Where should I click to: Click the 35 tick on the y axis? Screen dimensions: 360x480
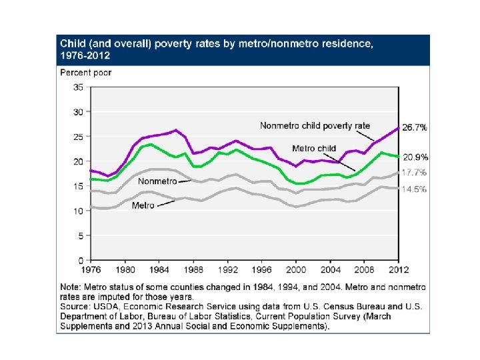78,87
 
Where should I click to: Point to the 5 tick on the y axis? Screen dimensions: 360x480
80,235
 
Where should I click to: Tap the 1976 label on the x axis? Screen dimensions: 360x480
91,271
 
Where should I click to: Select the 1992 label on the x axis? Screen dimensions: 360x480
227,271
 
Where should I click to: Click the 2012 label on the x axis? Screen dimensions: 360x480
398,271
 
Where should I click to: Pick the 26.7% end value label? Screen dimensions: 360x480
414,127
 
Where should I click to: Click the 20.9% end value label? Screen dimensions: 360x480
414,157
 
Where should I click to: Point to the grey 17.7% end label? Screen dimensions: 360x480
414,173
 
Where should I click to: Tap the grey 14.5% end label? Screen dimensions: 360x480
414,189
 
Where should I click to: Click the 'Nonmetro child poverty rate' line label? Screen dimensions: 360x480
315,125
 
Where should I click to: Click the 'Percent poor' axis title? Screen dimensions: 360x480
86,72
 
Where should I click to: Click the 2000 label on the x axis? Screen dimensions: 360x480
296,271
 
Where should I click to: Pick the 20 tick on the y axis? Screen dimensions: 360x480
78,161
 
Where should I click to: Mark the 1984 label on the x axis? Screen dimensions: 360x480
159,271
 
